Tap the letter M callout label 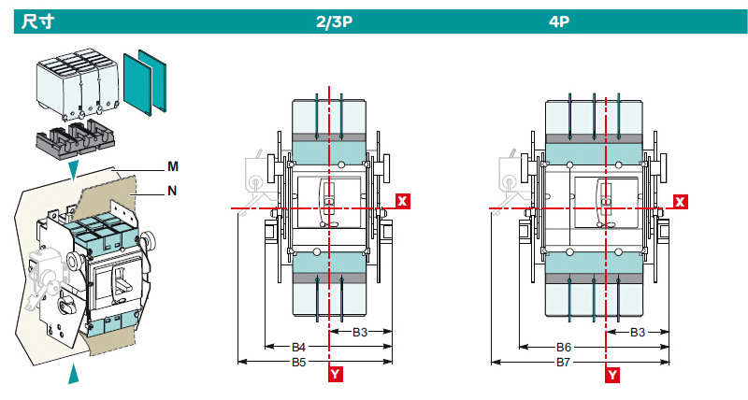173,166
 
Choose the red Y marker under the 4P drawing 613,375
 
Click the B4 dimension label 299,347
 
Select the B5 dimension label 299,361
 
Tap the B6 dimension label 564,347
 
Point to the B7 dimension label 564,361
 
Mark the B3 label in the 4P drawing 638,333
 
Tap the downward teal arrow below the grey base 74,168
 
